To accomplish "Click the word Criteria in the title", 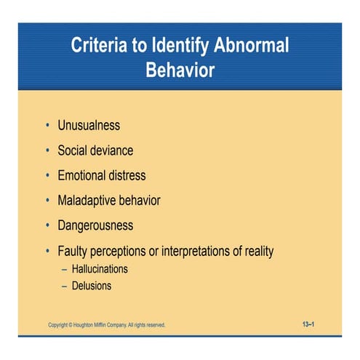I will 99,47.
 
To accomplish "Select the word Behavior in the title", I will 180,71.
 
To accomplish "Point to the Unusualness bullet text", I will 91,126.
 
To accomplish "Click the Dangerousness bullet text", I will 96,225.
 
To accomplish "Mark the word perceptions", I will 124,251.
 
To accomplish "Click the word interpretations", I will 208,251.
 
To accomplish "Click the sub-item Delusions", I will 92,286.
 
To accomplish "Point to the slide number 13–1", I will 308,324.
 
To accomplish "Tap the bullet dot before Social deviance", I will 47,151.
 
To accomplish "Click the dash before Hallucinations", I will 64,269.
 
